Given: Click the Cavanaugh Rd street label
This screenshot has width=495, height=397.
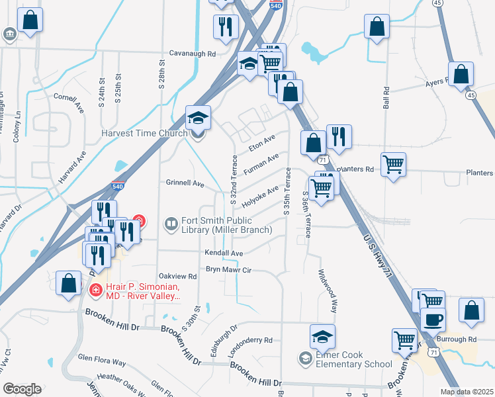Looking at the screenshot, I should pos(193,53).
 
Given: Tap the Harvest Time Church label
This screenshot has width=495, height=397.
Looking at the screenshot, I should pos(144,133).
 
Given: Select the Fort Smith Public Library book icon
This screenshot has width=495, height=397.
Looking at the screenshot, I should pos(171,224).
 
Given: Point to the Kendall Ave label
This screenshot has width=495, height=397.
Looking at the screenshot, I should pos(224,253).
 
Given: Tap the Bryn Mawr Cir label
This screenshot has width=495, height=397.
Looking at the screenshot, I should pos(230,269).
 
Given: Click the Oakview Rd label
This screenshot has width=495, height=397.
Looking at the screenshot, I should pos(177,276).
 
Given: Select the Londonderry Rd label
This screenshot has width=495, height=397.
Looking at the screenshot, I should pos(250,341).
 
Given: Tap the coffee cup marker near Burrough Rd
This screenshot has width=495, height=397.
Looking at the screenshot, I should pos(433,320).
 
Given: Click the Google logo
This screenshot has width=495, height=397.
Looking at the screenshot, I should pos(22,389).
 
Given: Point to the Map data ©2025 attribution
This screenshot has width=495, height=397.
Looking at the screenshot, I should pos(467,392).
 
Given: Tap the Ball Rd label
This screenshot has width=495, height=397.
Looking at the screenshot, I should pos(386,101).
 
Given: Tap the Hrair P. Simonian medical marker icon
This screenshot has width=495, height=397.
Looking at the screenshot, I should pos(95,290).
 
